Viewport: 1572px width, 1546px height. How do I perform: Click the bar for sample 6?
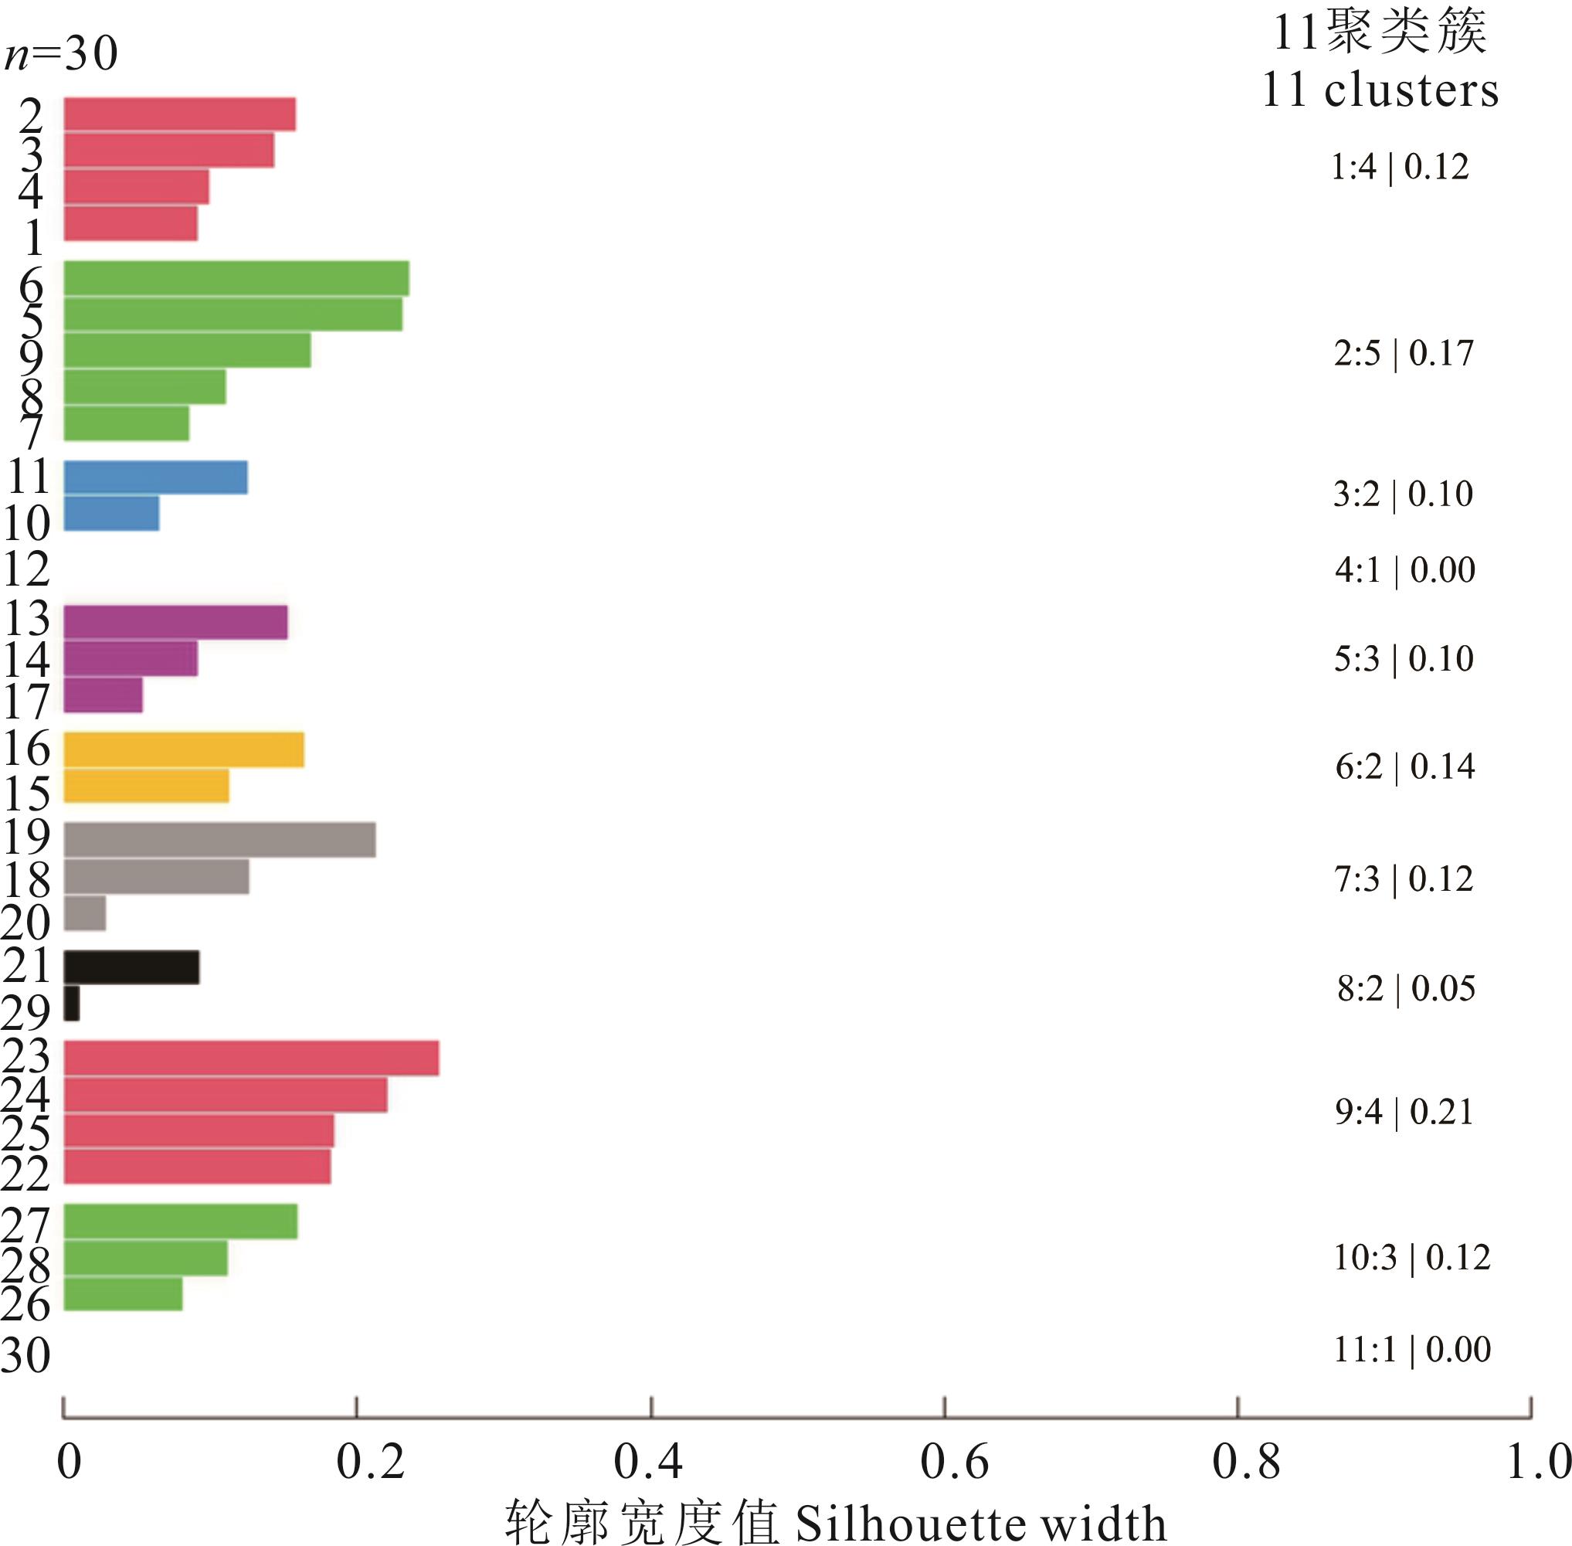(236, 278)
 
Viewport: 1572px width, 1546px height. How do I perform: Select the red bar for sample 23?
(251, 1058)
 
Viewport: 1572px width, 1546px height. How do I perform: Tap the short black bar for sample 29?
(71, 1003)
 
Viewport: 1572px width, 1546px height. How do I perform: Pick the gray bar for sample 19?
(219, 840)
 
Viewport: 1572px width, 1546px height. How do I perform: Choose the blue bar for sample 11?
(155, 477)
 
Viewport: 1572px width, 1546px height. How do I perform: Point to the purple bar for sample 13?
(175, 622)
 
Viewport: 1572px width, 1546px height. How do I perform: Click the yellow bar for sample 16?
(184, 749)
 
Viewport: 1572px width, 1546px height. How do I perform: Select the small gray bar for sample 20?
(84, 912)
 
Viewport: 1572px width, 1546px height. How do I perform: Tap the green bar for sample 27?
(180, 1222)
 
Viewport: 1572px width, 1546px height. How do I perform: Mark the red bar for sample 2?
(179, 114)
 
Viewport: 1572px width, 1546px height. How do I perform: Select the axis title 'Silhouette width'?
(980, 1524)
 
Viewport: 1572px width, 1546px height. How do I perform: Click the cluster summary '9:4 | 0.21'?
(1404, 1112)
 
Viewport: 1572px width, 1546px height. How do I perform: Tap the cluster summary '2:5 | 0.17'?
(1403, 353)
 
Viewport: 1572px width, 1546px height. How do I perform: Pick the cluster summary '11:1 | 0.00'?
(1412, 1350)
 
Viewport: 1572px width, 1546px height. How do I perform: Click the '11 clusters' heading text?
(1380, 90)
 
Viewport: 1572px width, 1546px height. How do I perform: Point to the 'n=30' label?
(62, 54)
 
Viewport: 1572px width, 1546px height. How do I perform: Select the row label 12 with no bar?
(27, 569)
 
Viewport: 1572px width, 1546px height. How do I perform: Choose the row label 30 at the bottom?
(26, 1355)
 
